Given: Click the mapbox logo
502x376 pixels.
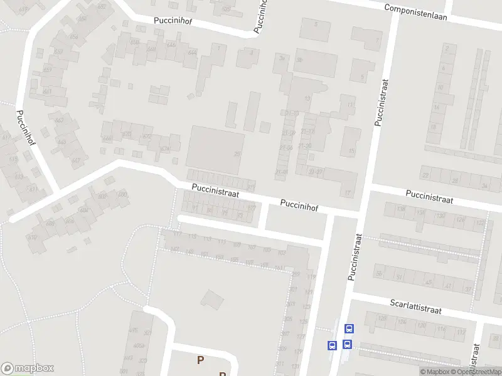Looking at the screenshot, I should pyautogui.click(x=28, y=368).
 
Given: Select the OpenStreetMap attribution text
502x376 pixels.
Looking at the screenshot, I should pyautogui.click(x=477, y=372).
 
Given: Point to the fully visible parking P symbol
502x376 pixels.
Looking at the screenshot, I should pyautogui.click(x=200, y=360).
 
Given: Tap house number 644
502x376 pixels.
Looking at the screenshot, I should pyautogui.click(x=192, y=52).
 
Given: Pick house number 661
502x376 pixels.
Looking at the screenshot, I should pyautogui.click(x=48, y=91).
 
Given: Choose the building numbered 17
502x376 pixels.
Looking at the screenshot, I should pyautogui.click(x=347, y=192).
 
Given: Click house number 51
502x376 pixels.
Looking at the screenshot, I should pyautogui.click(x=398, y=276).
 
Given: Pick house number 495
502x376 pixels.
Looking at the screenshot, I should pyautogui.click(x=132, y=330).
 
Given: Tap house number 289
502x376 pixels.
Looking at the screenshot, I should pyautogui.click(x=295, y=274).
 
